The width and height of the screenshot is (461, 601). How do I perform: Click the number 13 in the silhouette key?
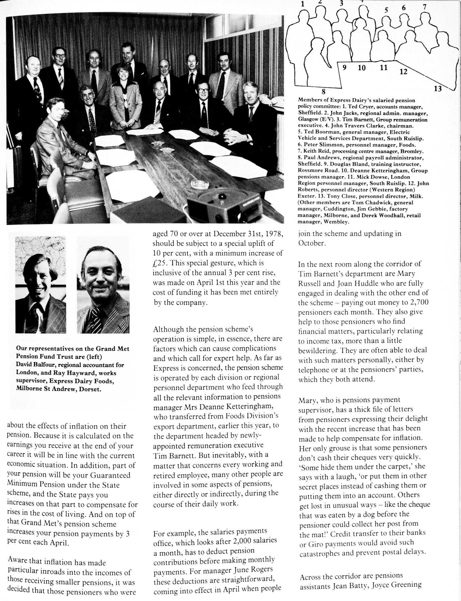click(x=438, y=88)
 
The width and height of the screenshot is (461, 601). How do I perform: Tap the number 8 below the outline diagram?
click(x=323, y=92)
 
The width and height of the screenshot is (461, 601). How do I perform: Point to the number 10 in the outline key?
click(x=362, y=68)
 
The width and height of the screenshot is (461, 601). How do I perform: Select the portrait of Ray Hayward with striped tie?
click(x=103, y=285)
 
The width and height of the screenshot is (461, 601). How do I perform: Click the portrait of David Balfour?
click(x=40, y=285)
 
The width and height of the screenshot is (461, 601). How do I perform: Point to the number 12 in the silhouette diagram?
click(x=403, y=71)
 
